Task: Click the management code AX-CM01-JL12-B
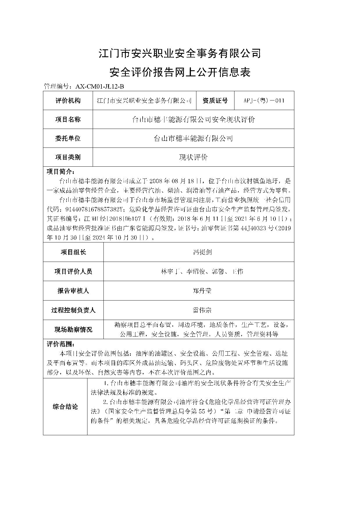point(100,86)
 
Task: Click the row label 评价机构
point(68,101)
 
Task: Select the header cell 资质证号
point(215,101)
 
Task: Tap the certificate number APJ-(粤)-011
point(264,101)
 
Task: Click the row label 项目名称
point(68,119)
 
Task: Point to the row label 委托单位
point(68,138)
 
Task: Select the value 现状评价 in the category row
point(193,157)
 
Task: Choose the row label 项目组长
point(73,252)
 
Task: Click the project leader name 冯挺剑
point(202,252)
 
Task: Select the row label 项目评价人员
point(73,271)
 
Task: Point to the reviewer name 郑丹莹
point(202,291)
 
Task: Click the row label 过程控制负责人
point(73,310)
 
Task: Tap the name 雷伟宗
point(202,310)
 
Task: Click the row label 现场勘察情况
point(73,330)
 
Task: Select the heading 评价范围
point(60,344)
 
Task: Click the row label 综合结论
point(65,407)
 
